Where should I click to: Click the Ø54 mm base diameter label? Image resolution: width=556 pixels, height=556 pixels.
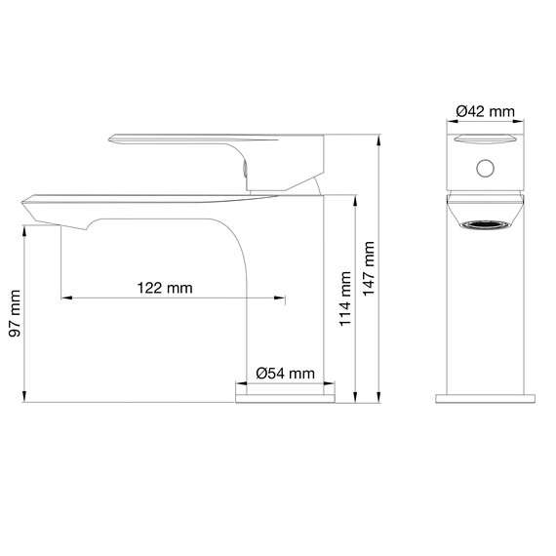click(285, 373)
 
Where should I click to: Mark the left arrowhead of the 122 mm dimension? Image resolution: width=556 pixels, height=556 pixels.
click(64, 297)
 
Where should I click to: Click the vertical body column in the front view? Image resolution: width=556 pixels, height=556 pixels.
click(485, 312)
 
